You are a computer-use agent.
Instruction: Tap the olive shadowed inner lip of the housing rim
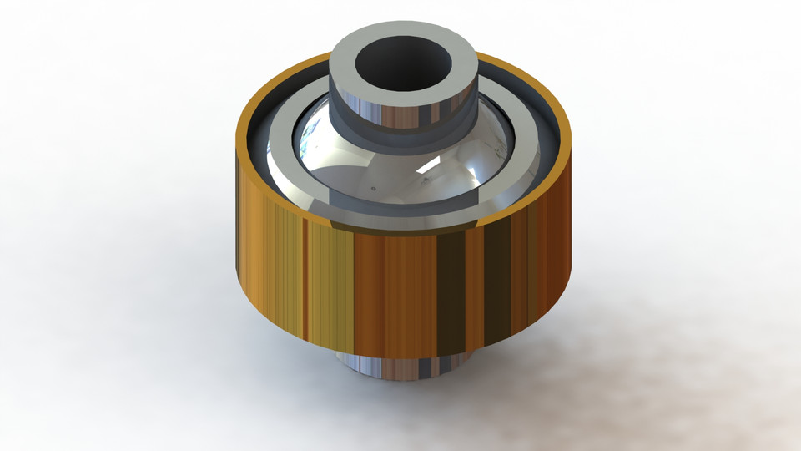[x=275, y=192]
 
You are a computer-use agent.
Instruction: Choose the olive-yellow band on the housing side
[x=330, y=284]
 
